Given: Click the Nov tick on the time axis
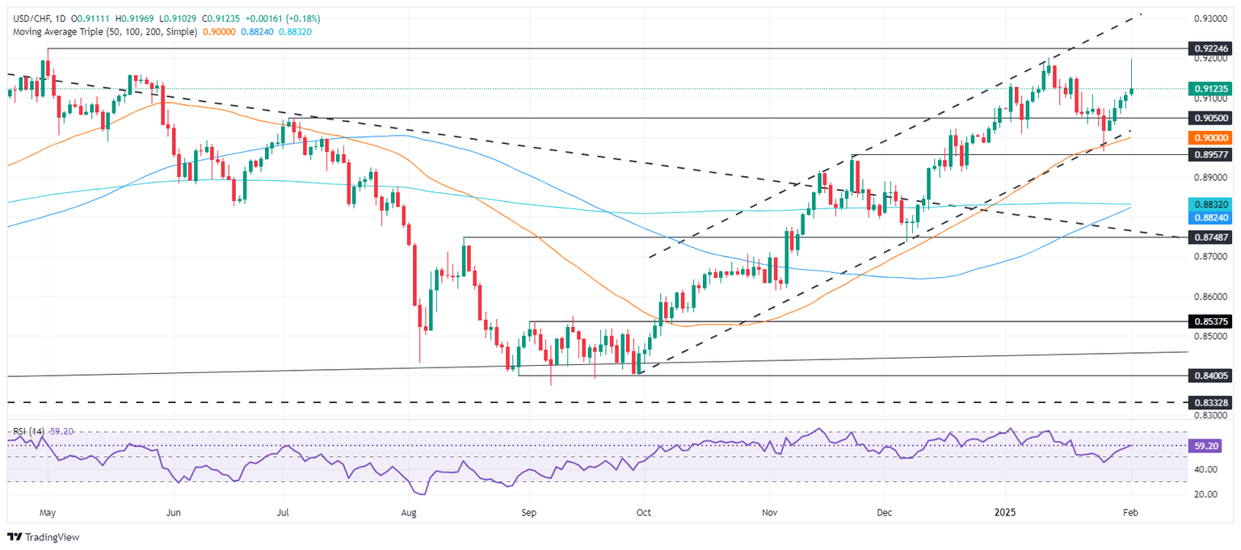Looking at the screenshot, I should [x=769, y=512].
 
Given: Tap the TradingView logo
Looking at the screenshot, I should [x=44, y=537].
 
